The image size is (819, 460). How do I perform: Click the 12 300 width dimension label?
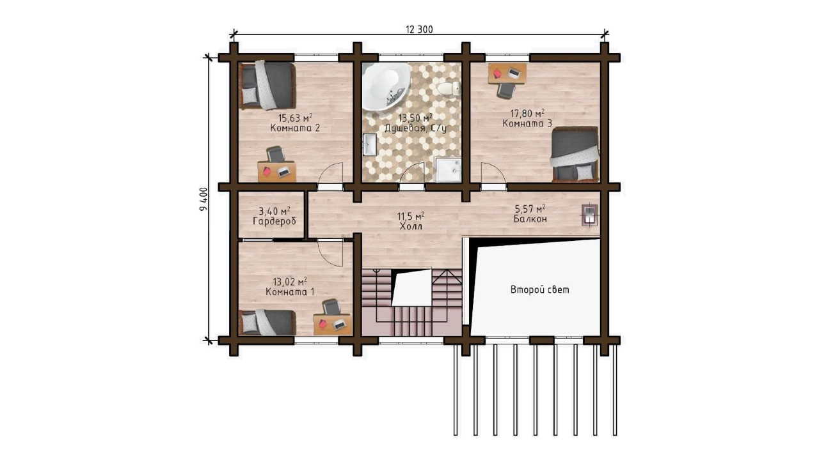(x=419, y=29)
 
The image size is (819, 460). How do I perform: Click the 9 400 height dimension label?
(x=203, y=199)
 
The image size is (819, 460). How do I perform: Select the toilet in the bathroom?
(x=449, y=89)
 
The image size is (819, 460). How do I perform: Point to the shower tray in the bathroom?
(x=447, y=170)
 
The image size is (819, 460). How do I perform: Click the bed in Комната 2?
(x=267, y=86)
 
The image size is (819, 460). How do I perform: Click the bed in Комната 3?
(x=575, y=155)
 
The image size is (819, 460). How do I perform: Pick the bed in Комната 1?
(x=267, y=323)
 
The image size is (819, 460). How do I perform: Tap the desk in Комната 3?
(x=507, y=73)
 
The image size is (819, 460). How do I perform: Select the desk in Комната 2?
(x=277, y=172)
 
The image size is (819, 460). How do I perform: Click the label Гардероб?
(x=274, y=221)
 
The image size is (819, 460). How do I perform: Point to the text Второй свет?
(x=539, y=290)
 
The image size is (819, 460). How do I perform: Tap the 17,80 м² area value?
(x=528, y=113)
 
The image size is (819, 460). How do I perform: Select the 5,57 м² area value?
(x=530, y=209)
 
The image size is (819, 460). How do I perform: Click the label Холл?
(x=411, y=227)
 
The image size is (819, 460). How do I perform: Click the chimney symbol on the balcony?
(x=589, y=215)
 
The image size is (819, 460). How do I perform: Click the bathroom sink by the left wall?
(x=370, y=144)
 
